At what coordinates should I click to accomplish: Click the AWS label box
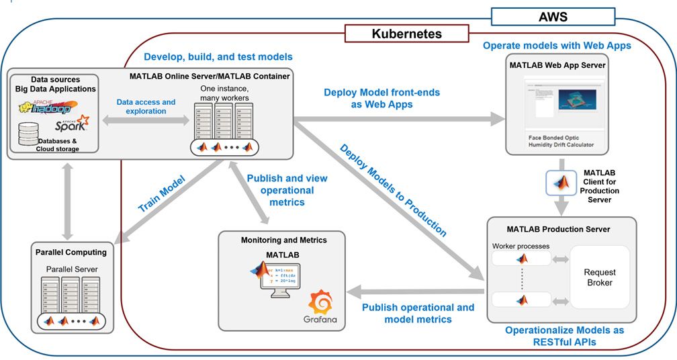click(553, 17)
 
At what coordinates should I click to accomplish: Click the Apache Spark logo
click(71, 124)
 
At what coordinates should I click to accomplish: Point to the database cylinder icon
click(28, 134)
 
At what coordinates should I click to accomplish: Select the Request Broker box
click(599, 277)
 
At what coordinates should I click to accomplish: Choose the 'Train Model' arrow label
click(162, 195)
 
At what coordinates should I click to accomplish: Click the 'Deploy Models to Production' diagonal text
click(393, 190)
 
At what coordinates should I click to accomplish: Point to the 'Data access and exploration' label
click(146, 106)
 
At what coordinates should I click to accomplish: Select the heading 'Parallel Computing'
click(71, 253)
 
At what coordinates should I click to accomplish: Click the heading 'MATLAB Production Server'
click(559, 229)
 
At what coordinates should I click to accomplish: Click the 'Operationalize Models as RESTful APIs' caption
click(564, 336)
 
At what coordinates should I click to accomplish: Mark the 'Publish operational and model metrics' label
click(418, 313)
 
